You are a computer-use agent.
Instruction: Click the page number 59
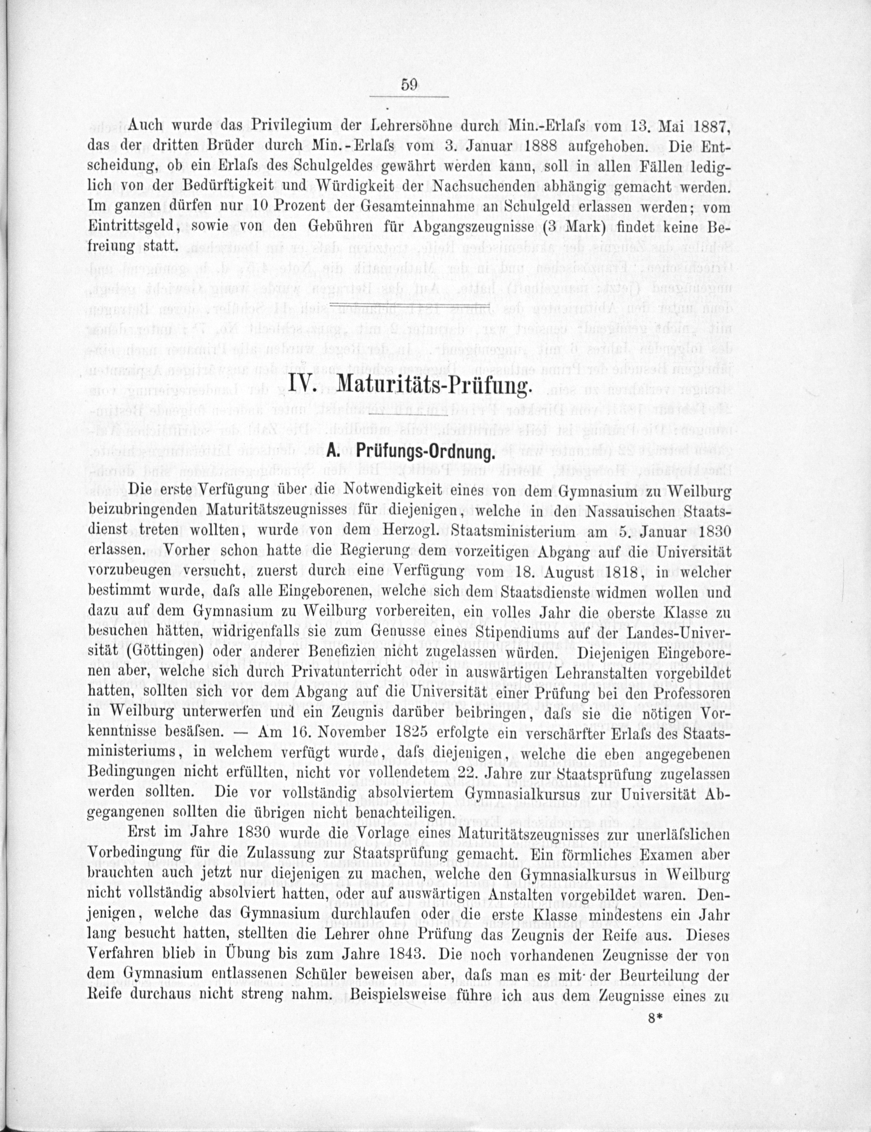click(x=409, y=85)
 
